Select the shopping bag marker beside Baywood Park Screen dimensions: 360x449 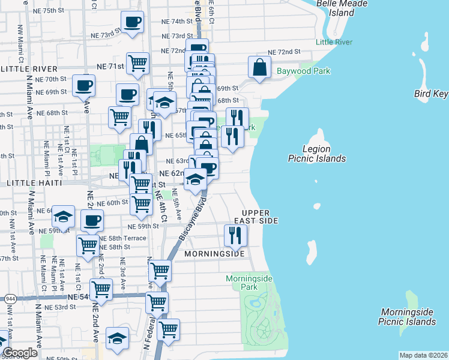click(x=259, y=68)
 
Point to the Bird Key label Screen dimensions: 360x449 click(x=431, y=94)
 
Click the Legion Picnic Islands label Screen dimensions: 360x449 click(x=316, y=154)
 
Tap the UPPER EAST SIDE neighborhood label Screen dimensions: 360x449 click(x=260, y=217)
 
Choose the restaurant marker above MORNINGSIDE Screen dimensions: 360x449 click(x=235, y=236)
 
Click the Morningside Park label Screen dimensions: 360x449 click(x=249, y=283)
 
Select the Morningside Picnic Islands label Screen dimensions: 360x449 click(x=407, y=317)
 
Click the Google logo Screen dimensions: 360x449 click(x=20, y=353)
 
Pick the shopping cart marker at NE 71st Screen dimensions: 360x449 click(x=138, y=63)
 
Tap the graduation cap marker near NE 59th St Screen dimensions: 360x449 click(x=64, y=217)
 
